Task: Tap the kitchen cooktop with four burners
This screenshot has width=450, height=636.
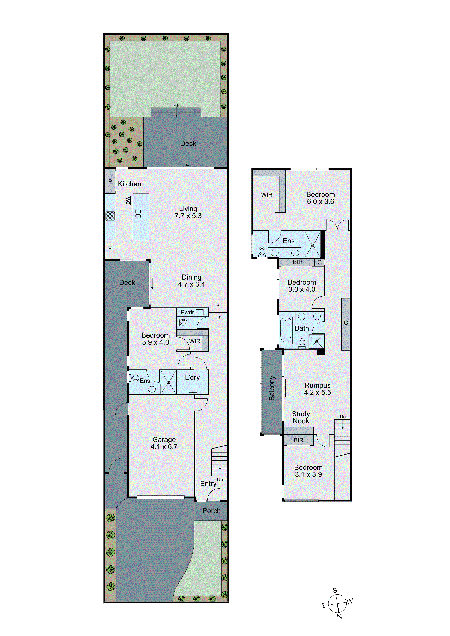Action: [110, 216]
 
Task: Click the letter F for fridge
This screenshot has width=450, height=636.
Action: [110, 249]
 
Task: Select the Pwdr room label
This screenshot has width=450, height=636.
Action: [187, 313]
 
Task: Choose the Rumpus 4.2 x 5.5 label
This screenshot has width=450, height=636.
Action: [317, 389]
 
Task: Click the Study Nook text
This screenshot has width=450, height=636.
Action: [301, 418]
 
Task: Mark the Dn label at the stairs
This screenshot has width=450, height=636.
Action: [343, 417]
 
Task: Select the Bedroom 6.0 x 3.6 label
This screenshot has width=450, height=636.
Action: [320, 198]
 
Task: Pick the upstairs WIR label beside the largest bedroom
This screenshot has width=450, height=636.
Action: [267, 195]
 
